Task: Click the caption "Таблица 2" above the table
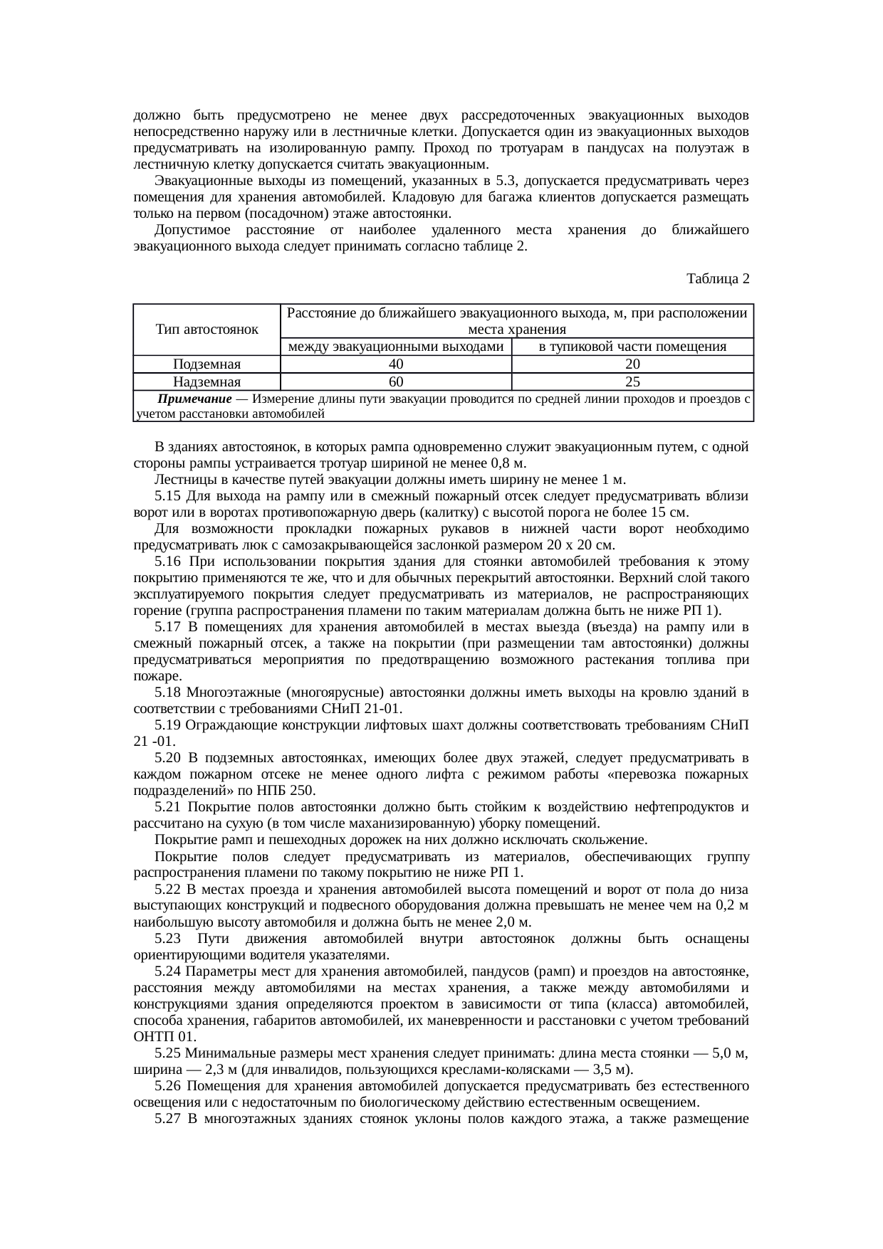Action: pyautogui.click(x=717, y=278)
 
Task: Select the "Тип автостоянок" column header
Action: pyautogui.click(x=207, y=330)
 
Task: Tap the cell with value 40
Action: pyautogui.click(x=396, y=364)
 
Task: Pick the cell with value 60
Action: pyautogui.click(x=396, y=381)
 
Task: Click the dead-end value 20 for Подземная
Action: pyautogui.click(x=632, y=364)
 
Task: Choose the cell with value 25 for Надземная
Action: pyautogui.click(x=632, y=381)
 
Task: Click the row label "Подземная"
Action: pyautogui.click(x=207, y=364)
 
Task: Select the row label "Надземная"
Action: pyautogui.click(x=207, y=381)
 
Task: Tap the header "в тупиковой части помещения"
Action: pyautogui.click(x=632, y=347)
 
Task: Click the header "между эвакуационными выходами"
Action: pyautogui.click(x=396, y=347)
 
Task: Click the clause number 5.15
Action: pyautogui.click(x=167, y=496)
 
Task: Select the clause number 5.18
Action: pyautogui.click(x=167, y=692)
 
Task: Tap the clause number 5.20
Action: pyautogui.click(x=167, y=758)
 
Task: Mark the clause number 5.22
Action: pyautogui.click(x=167, y=889)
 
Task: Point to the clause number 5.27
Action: pyautogui.click(x=167, y=1118)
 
